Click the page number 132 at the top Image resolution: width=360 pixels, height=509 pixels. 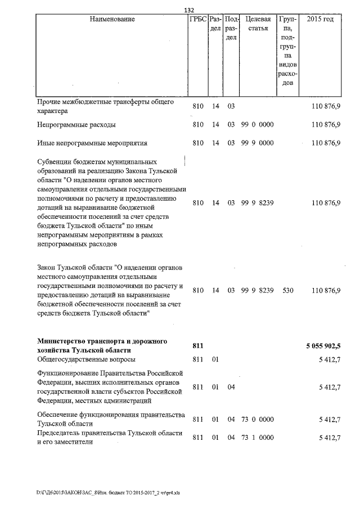click(189, 10)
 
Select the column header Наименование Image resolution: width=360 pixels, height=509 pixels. click(112, 20)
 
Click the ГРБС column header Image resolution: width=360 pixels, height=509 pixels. click(198, 20)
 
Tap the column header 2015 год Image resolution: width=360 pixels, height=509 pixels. click(320, 20)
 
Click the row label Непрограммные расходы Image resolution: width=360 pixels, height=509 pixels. click(76, 124)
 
